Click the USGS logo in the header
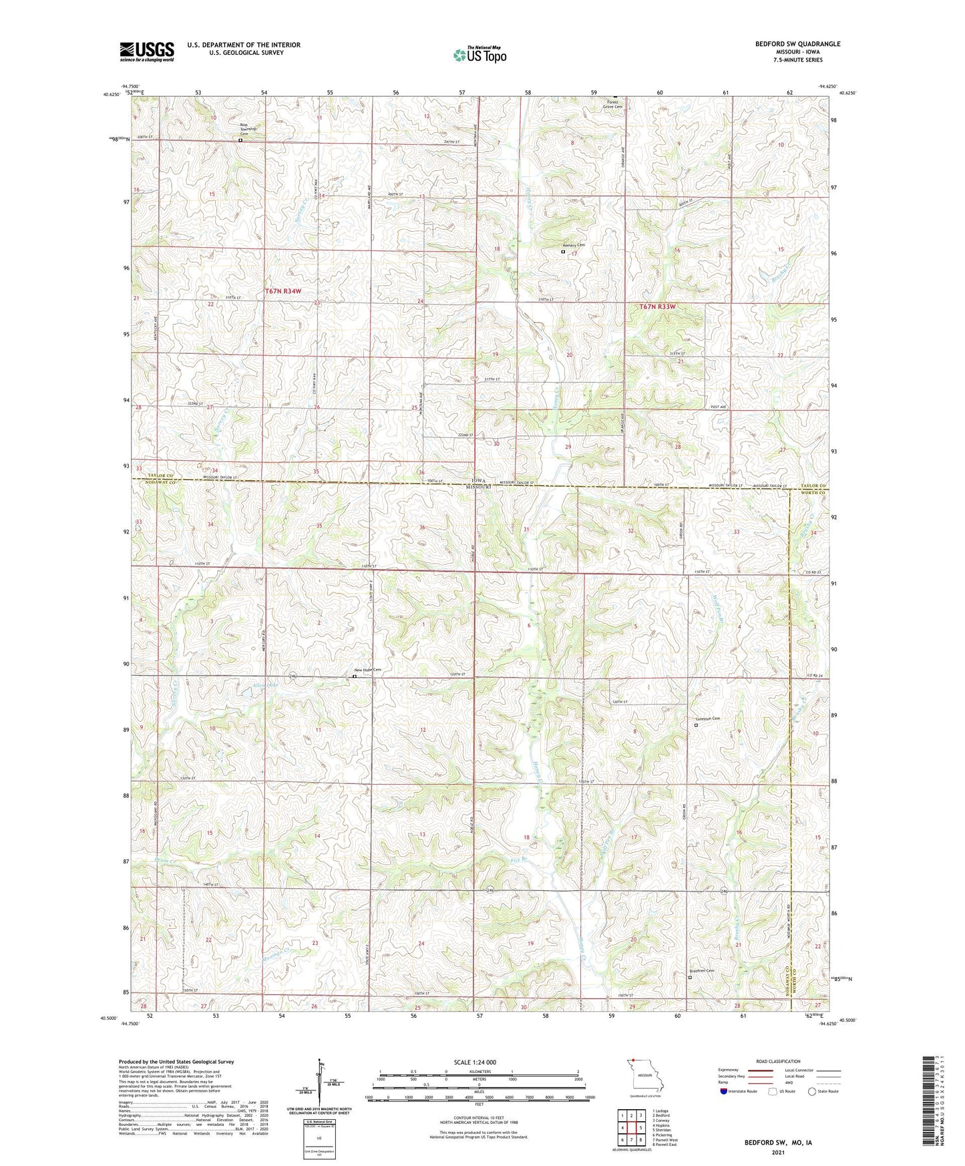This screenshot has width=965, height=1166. [x=146, y=51]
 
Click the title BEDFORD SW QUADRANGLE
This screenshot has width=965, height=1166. [x=788, y=44]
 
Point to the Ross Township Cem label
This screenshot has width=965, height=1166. [x=248, y=128]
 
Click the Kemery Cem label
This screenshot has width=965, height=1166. [x=574, y=245]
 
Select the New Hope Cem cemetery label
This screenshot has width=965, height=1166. [x=367, y=670]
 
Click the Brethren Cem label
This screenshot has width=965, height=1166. [x=701, y=971]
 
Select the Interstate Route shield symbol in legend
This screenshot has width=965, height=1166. [x=723, y=1091]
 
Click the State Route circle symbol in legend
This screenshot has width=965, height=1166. [x=812, y=1091]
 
